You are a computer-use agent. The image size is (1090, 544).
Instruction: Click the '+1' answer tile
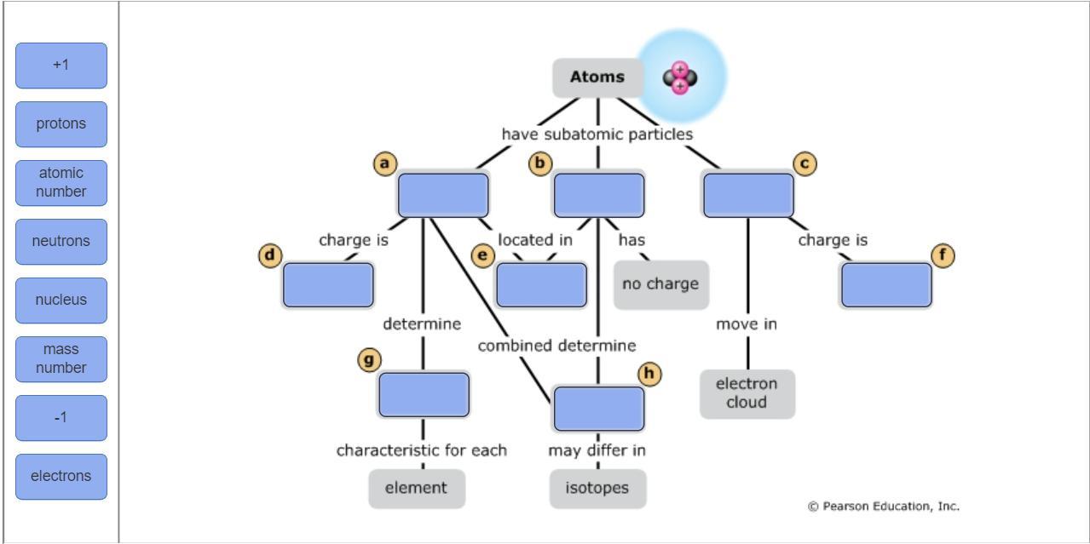61,66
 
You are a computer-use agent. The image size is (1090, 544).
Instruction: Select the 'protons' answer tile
61,124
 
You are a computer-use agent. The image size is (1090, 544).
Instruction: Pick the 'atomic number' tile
61,183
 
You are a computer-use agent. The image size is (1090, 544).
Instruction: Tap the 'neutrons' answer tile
61,242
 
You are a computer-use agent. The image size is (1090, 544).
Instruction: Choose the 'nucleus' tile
61,301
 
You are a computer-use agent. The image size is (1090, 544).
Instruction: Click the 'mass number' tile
61,359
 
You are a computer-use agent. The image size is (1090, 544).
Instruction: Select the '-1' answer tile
61,418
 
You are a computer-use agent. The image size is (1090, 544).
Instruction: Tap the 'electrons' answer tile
61,477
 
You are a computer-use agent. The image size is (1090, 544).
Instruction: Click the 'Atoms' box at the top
597,77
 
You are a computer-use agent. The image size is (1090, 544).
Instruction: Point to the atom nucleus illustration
680,78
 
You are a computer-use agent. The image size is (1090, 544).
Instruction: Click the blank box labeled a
443,195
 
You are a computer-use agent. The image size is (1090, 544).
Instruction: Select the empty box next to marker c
748,195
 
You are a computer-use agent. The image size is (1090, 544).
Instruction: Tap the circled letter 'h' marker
649,374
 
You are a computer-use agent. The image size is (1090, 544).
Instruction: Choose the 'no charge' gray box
660,284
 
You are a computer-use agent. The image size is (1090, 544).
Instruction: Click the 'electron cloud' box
747,393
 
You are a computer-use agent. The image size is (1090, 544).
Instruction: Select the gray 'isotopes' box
597,489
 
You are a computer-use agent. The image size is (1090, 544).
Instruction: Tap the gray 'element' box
416,489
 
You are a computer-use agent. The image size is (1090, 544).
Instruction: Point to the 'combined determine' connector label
557,346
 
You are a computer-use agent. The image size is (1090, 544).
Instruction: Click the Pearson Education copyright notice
883,507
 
